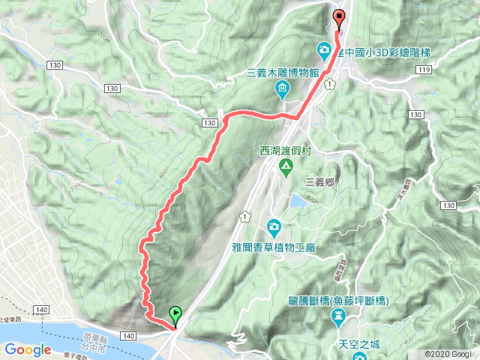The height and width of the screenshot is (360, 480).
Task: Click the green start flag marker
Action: click(x=175, y=313)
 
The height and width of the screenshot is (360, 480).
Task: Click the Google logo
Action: click(x=28, y=349)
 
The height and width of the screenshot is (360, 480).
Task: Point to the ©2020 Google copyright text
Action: click(x=449, y=354)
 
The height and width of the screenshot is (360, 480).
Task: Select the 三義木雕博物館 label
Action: click(x=283, y=73)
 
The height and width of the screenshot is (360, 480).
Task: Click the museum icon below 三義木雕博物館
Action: click(x=282, y=91)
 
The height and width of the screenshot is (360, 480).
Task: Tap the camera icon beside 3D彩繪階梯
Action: click(x=324, y=51)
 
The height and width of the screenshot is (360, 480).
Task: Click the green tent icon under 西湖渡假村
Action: click(x=285, y=166)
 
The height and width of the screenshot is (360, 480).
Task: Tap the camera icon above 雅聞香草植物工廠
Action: click(x=274, y=226)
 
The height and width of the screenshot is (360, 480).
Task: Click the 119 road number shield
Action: click(x=425, y=70)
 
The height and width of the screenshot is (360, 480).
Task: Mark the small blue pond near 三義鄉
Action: click(x=297, y=200)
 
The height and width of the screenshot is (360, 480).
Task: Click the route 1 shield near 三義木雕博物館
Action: click(x=329, y=85)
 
